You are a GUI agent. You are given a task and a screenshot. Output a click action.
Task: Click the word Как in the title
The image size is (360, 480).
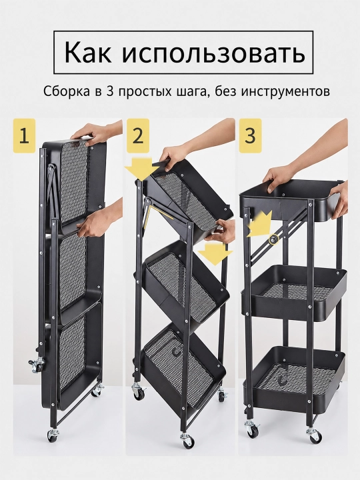(87, 53)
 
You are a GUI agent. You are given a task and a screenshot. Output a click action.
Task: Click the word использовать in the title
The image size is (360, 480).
(213, 53)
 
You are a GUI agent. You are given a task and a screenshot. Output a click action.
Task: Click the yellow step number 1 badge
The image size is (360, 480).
(24, 135)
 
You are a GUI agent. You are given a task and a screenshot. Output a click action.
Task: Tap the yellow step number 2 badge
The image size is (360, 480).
(138, 135)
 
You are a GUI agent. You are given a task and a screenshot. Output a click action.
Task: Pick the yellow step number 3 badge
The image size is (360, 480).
(250, 135)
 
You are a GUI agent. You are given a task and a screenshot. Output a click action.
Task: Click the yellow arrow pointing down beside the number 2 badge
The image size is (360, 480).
(142, 169)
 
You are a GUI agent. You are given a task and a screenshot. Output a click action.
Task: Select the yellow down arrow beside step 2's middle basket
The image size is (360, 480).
(215, 254)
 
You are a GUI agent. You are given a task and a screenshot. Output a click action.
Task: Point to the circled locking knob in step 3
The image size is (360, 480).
(274, 239)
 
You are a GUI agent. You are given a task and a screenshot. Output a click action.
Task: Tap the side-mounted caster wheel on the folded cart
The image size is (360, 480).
(37, 364)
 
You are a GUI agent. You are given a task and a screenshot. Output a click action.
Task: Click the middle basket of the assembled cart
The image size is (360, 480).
(293, 293)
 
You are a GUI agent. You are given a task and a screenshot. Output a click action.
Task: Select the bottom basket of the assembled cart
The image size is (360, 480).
(294, 379)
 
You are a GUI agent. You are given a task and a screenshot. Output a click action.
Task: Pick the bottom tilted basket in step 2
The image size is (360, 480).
(183, 368)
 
